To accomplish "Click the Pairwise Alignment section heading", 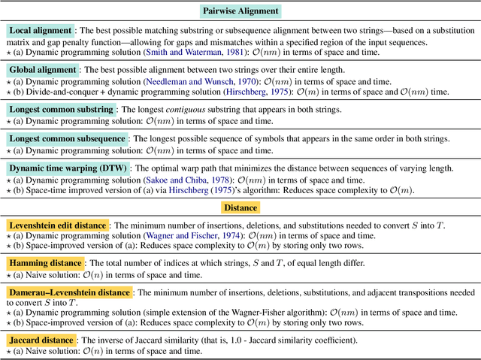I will coord(240,11).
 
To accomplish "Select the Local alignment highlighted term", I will coord(41,32).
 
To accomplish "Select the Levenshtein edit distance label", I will coord(58,225).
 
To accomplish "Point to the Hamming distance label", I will coord(45,263).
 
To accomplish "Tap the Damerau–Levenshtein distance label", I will coord(68,292).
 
